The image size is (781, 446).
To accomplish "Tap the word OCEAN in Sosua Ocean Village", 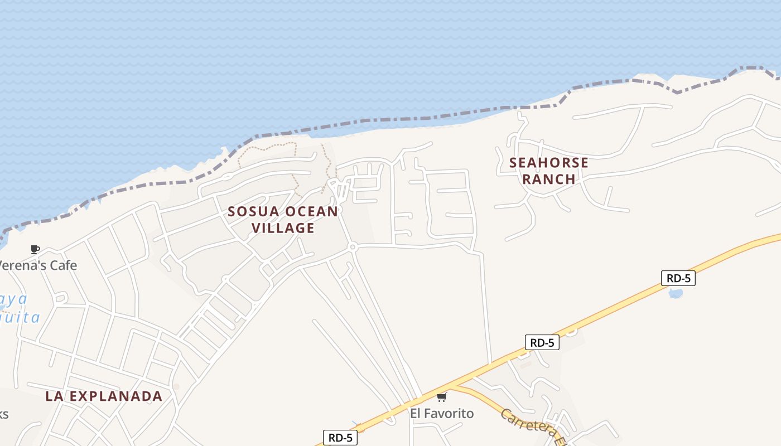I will [311, 212].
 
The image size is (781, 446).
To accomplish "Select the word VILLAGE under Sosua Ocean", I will [283, 228].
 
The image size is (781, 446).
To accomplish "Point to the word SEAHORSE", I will [549, 163].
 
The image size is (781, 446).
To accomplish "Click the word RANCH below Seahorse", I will [549, 179].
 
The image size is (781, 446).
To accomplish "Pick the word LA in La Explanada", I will [54, 396].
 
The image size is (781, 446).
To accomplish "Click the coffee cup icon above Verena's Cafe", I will [35, 249].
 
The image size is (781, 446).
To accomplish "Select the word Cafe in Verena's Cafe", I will [63, 265].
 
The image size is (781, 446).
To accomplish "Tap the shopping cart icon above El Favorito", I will [441, 397].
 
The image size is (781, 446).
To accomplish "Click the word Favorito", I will [449, 413].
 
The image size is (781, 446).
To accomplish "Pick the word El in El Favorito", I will [416, 413].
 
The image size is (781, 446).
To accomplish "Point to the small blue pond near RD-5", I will [675, 293].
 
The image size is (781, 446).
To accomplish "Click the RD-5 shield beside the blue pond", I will [678, 278].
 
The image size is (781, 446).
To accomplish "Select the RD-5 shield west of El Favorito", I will [340, 438].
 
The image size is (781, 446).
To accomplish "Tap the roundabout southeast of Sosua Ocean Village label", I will [352, 246].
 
